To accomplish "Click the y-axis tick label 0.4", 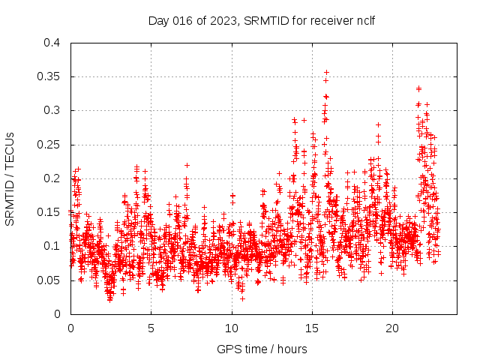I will click(52, 43).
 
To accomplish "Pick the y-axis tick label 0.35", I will click(49, 76).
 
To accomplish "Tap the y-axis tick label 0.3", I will click(52, 110).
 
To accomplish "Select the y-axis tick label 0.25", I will click(49, 145).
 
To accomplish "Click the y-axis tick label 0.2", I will click(52, 178).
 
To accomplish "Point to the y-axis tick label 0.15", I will click(49, 212).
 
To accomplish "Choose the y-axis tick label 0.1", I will click(52, 246).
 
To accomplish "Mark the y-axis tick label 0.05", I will click(49, 280).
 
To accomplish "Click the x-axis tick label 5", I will click(151, 328).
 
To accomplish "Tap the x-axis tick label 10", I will click(231, 328).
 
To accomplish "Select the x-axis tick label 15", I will click(312, 328).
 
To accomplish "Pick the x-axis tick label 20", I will click(392, 328).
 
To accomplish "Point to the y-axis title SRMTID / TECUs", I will click(10, 178).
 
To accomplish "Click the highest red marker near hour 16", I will click(326, 73).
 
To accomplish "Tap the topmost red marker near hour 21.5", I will click(418, 88).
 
